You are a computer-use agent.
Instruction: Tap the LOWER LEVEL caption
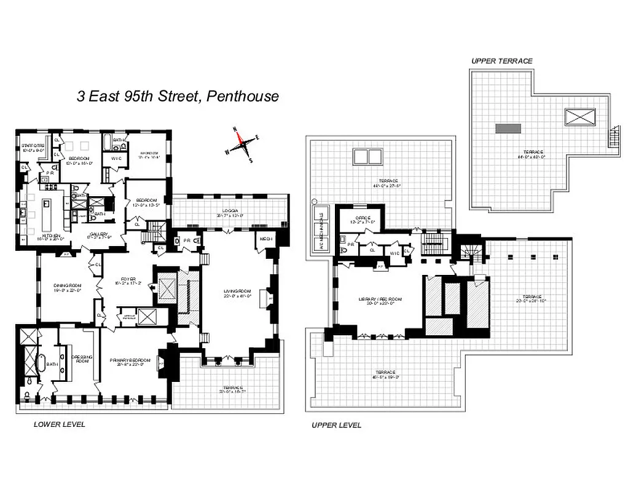click(60, 424)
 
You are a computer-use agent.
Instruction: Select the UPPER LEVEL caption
click(336, 425)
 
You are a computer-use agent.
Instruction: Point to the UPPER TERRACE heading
click(501, 61)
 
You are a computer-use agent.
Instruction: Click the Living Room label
click(237, 293)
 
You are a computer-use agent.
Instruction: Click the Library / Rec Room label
click(380, 300)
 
